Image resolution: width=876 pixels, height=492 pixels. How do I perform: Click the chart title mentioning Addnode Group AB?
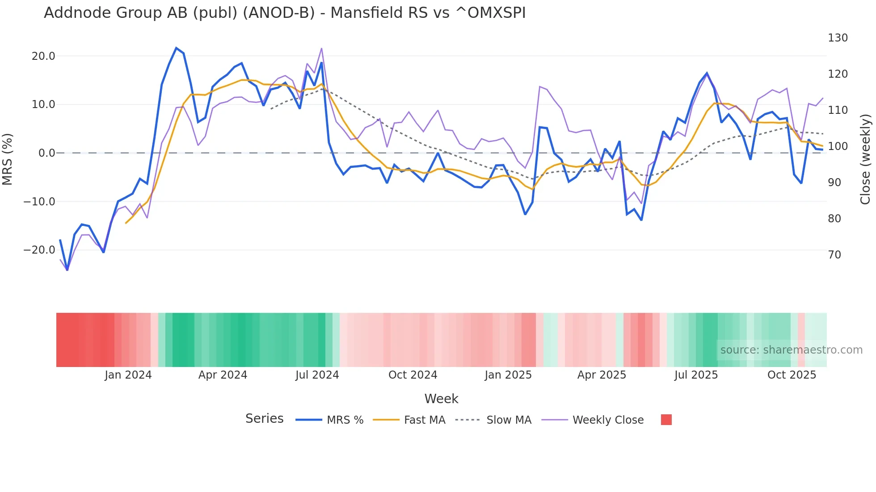[x=285, y=13]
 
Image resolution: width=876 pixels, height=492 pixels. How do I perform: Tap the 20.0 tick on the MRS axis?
[x=43, y=56]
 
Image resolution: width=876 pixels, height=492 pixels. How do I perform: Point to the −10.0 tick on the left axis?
[x=39, y=202]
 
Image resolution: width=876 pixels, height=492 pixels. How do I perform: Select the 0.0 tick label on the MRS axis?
[x=46, y=153]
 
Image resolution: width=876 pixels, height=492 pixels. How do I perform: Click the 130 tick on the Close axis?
[x=838, y=38]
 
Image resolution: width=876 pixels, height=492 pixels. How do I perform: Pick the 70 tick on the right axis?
[x=834, y=255]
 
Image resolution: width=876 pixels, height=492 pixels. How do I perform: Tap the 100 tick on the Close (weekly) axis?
[x=838, y=146]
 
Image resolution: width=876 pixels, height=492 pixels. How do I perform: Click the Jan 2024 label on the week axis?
[x=128, y=375]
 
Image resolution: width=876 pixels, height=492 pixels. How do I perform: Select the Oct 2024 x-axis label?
[x=413, y=375]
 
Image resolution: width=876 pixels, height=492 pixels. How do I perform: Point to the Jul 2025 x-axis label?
[x=696, y=375]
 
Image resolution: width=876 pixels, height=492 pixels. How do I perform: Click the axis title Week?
[x=441, y=399]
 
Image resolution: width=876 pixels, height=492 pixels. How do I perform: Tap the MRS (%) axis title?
[x=8, y=159]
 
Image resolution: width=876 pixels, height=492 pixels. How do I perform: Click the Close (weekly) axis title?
[x=865, y=159]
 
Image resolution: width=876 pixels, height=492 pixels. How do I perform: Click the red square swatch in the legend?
[x=666, y=420]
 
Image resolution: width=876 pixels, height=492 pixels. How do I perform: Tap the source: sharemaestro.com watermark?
[x=791, y=350]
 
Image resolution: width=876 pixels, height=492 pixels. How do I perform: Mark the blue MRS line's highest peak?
[x=176, y=48]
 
